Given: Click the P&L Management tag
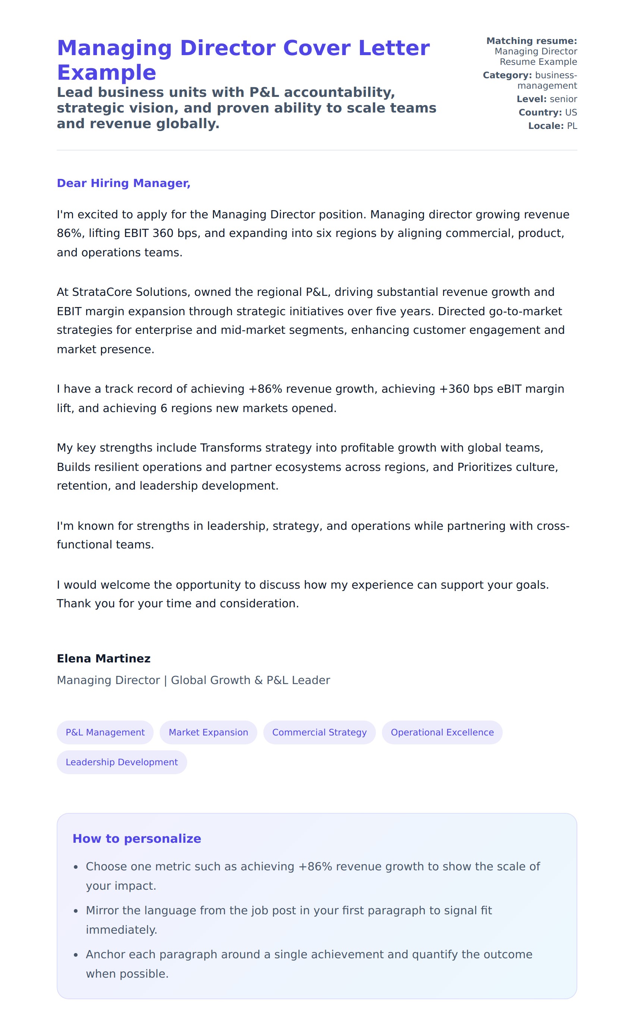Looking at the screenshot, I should coord(105,732).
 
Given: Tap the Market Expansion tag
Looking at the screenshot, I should coord(208,732).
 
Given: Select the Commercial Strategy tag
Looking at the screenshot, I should coord(319,732).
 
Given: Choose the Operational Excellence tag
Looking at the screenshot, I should coord(442,732).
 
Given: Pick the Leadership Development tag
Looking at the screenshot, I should coord(122,762).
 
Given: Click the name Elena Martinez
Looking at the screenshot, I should coord(103,658).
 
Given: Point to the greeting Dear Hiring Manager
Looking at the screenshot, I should coord(123,183).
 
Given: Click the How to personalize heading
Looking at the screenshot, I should coord(136,838).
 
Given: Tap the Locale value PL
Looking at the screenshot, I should coord(572,126).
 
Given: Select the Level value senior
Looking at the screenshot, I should coord(564,99).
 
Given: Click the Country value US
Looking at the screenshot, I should coord(571,113).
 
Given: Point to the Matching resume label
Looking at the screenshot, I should coord(531,41).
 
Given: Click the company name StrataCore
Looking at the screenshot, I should coord(96,292).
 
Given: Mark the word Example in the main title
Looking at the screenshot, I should coord(106,73).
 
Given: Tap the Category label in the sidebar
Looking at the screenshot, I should coord(507,75).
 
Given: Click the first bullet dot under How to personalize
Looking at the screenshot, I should coord(76,867).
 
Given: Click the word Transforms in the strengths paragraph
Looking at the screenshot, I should coord(228,448).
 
